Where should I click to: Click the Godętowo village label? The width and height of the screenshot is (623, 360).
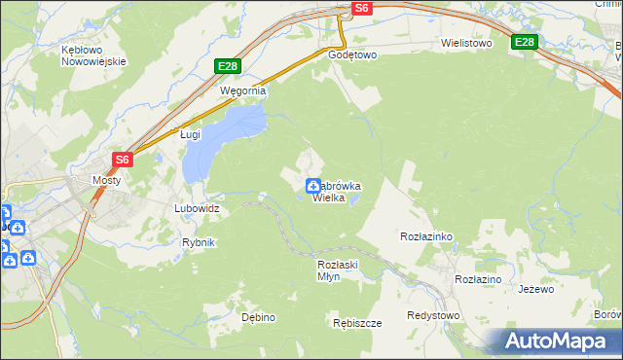tap(352, 55)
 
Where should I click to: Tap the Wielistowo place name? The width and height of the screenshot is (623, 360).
tap(466, 44)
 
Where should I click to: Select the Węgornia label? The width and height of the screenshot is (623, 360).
tap(242, 90)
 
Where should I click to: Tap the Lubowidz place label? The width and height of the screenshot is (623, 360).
tap(197, 208)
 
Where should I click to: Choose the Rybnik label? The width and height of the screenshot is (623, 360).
tap(198, 242)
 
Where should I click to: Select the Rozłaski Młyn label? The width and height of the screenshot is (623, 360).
tap(340, 270)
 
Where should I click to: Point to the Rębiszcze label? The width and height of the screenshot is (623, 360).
tap(356, 323)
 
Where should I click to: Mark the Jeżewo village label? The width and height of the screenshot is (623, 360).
tap(535, 289)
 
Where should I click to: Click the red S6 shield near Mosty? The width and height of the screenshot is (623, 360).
tap(122, 159)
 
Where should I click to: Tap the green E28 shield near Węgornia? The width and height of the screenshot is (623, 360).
tap(227, 66)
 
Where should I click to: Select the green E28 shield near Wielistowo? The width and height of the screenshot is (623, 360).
tap(525, 42)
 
